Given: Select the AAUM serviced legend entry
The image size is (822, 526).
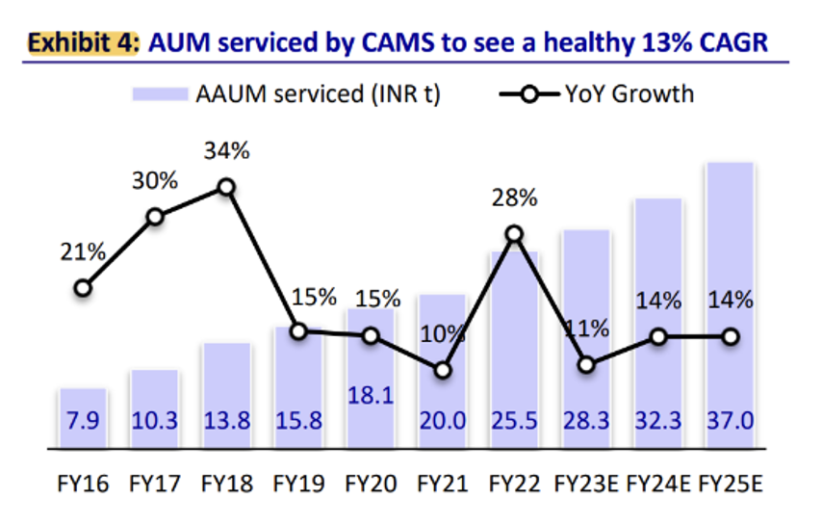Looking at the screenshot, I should (x=288, y=94).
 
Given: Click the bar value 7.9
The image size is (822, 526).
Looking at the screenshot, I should (x=83, y=421).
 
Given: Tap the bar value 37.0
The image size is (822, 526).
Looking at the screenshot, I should (x=730, y=421).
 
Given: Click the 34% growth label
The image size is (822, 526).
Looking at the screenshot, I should (x=226, y=151).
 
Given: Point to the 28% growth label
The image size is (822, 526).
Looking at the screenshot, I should (x=514, y=198).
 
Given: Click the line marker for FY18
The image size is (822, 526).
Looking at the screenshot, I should (x=226, y=187).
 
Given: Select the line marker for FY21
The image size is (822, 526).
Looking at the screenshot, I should (x=442, y=370).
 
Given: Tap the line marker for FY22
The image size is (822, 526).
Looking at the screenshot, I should (x=514, y=234).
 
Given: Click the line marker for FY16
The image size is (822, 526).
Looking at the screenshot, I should (x=83, y=287).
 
